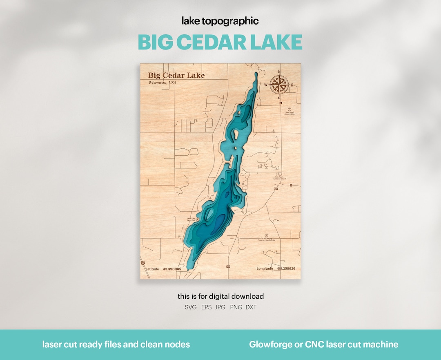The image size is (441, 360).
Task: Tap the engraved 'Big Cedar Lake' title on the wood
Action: (x=176, y=75)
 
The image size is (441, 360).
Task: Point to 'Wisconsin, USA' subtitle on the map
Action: (x=162, y=83)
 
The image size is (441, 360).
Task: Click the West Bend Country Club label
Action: (x=290, y=113)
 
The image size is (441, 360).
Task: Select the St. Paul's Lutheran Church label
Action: (x=280, y=178)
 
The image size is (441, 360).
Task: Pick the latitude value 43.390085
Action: (x=171, y=269)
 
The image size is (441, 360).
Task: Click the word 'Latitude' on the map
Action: (x=152, y=269)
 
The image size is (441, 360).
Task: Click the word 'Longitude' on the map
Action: (x=265, y=268)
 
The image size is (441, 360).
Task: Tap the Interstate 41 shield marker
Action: (x=143, y=264)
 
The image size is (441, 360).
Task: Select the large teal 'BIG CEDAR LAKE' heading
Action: (x=220, y=42)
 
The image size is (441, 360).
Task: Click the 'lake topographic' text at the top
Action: (x=220, y=21)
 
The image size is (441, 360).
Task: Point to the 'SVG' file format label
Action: (x=190, y=307)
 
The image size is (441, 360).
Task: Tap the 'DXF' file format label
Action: (x=251, y=307)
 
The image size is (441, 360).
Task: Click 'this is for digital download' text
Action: (x=220, y=296)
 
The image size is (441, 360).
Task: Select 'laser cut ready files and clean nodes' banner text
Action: (x=116, y=344)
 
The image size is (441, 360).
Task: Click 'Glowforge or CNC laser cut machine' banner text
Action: (x=323, y=344)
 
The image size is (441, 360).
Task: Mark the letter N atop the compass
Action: (x=279, y=72)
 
